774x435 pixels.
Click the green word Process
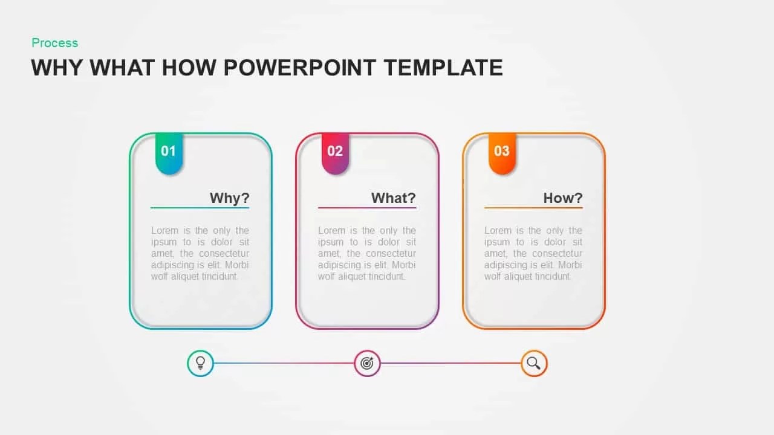point(55,43)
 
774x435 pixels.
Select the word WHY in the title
point(57,68)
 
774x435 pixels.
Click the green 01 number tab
point(169,152)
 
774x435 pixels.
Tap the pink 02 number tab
point(335,152)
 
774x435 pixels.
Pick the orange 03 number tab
point(502,152)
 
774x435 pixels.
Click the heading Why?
point(229,198)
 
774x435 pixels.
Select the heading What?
point(393,198)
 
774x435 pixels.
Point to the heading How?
point(562,198)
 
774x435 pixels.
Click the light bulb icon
point(201,363)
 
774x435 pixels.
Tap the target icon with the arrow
point(367,363)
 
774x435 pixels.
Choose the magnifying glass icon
point(534,363)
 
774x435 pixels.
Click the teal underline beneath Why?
point(200,208)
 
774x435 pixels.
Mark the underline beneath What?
point(367,208)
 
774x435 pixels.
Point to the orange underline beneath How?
point(533,208)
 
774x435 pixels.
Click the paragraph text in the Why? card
point(200,254)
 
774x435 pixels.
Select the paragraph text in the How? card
point(533,254)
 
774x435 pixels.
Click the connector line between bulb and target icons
point(283,363)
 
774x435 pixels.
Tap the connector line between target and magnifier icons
point(450,363)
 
